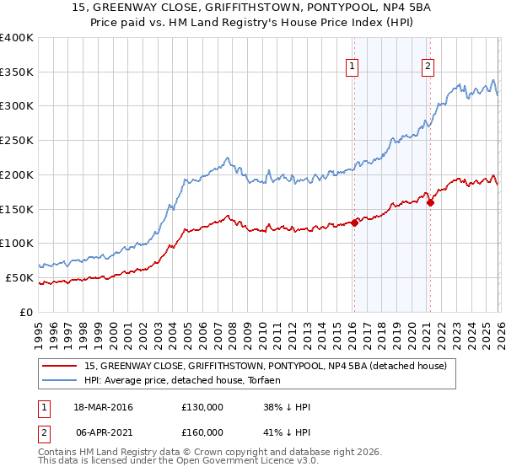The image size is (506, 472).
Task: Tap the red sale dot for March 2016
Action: [x=355, y=223]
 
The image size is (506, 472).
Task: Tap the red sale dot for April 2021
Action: [x=430, y=202]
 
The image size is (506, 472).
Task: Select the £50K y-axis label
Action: [x=19, y=277]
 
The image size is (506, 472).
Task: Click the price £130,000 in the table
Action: [x=202, y=407]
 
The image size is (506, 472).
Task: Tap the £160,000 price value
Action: [x=202, y=431]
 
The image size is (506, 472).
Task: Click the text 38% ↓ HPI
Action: [x=287, y=407]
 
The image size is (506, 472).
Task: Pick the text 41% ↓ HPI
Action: [x=287, y=431]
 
